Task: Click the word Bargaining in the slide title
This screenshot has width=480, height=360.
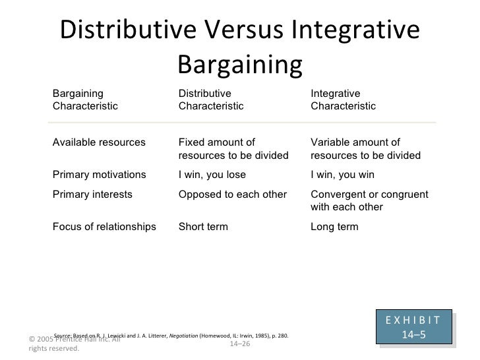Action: pyautogui.click(x=239, y=64)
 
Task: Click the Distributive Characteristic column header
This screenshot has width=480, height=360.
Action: pyautogui.click(x=210, y=100)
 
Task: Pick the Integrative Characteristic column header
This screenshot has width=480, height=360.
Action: pyautogui.click(x=343, y=100)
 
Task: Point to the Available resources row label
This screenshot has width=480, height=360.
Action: pyautogui.click(x=99, y=143)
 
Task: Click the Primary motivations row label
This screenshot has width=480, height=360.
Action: pyautogui.click(x=99, y=175)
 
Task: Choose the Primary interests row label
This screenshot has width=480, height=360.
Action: pyautogui.click(x=92, y=195)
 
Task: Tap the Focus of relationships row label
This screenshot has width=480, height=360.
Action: pyautogui.click(x=104, y=227)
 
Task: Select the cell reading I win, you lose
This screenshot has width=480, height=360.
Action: pyautogui.click(x=212, y=175)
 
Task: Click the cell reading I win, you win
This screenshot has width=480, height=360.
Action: pyautogui.click(x=342, y=175)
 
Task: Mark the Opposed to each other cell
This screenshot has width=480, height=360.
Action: pyautogui.click(x=232, y=195)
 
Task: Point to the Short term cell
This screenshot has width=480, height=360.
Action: pyautogui.click(x=203, y=227)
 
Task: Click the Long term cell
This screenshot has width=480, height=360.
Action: pyautogui.click(x=334, y=227)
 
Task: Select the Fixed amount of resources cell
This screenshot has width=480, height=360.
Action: pyautogui.click(x=233, y=150)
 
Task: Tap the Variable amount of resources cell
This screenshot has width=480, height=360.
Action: pyautogui.click(x=365, y=150)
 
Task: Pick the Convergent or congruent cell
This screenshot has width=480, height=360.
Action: pyautogui.click(x=369, y=201)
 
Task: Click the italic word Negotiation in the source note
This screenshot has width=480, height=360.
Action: pyautogui.click(x=184, y=336)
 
